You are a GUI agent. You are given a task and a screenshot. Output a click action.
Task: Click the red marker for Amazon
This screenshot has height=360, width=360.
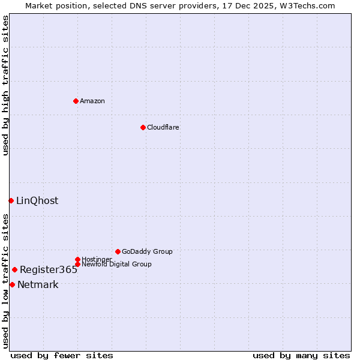[x=76, y=101]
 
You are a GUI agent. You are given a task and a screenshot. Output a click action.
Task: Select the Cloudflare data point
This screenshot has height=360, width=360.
[x=143, y=127]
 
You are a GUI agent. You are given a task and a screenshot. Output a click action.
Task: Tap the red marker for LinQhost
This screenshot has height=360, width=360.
[x=11, y=200]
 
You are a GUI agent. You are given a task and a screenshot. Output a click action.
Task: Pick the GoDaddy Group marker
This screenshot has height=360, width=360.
[x=118, y=251]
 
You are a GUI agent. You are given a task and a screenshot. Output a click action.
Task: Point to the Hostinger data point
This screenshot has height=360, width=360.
[x=77, y=259]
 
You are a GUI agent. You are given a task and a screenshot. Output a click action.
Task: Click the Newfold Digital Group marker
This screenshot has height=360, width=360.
[x=77, y=264]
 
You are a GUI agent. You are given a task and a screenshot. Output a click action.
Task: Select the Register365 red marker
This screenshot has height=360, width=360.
[x=14, y=269]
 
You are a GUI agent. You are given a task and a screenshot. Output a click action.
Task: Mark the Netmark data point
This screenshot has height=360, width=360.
[x=12, y=284]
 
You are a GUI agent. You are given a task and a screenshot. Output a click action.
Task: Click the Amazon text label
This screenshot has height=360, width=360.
[x=92, y=101]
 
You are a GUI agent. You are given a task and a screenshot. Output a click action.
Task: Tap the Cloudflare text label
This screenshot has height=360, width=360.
[x=163, y=127]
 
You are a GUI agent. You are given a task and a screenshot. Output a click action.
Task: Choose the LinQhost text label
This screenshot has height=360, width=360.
[x=37, y=200]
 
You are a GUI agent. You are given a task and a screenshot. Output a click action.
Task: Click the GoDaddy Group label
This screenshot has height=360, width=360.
[x=147, y=251]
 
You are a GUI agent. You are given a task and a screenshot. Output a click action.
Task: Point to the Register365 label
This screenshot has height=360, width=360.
[x=49, y=269]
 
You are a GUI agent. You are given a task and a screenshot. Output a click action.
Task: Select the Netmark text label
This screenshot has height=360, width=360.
[x=38, y=284]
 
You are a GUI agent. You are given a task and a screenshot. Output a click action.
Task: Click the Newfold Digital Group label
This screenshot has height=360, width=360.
[x=116, y=264]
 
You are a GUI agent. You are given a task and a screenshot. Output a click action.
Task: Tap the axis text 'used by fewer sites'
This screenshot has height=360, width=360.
[x=62, y=355]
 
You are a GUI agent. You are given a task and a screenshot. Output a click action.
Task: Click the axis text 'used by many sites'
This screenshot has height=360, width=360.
[x=301, y=355]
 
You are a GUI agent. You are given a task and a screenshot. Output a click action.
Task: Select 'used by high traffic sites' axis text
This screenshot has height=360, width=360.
[x=5, y=85]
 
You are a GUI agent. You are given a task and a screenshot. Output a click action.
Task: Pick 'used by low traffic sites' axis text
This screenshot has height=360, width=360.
[x=5, y=281]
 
